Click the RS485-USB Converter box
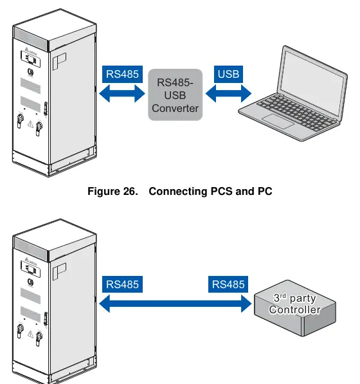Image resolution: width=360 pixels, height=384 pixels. [x=175, y=95]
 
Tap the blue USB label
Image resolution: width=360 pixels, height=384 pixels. [x=228, y=74]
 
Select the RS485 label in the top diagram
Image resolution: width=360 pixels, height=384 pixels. [x=122, y=74]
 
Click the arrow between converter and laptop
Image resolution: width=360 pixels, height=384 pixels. [x=228, y=93]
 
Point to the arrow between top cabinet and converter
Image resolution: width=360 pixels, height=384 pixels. [x=122, y=93]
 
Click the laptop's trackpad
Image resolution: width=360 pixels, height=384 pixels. [x=278, y=121]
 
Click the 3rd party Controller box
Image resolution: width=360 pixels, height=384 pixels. [x=295, y=308]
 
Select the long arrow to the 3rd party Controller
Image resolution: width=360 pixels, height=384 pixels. [x=175, y=304]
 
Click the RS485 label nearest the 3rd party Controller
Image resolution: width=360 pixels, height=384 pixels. [x=228, y=284]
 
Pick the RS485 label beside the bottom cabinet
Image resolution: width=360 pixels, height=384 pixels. [x=122, y=284]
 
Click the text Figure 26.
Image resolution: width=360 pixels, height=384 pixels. [x=113, y=191]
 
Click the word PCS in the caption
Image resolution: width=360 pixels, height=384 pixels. [x=222, y=191]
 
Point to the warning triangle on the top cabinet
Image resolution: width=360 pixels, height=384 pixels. [x=30, y=124]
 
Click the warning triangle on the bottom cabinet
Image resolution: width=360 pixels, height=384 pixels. [x=30, y=334]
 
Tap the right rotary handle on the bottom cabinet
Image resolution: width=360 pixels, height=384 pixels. [x=39, y=338]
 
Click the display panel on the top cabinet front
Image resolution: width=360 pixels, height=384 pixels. [x=31, y=59]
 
